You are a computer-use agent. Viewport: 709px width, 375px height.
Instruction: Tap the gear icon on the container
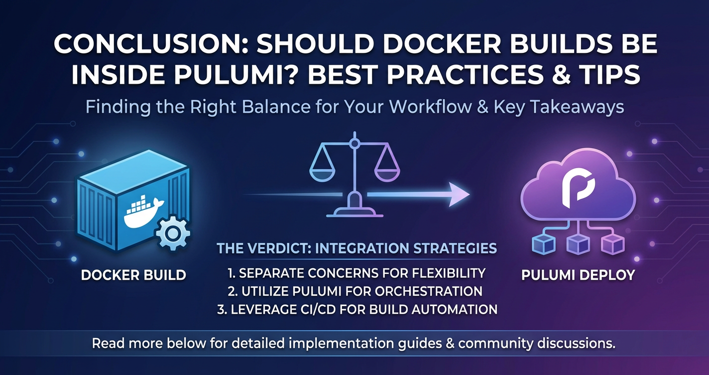pos(173,233)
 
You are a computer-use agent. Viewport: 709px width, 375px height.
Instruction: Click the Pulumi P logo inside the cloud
pos(578,187)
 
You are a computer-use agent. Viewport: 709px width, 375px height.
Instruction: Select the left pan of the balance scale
pos(322,174)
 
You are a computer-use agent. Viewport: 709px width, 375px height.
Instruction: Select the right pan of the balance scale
pos(387,174)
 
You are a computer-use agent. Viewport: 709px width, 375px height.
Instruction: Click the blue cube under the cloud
pos(544,244)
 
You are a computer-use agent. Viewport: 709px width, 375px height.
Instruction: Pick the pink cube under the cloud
pos(613,244)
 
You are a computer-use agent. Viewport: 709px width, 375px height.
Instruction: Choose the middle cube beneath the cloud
pos(578,244)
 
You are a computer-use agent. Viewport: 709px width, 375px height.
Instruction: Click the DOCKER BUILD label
pos(133,275)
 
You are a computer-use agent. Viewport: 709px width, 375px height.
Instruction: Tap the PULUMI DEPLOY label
pos(578,275)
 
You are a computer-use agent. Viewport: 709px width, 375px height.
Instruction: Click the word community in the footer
pos(495,344)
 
